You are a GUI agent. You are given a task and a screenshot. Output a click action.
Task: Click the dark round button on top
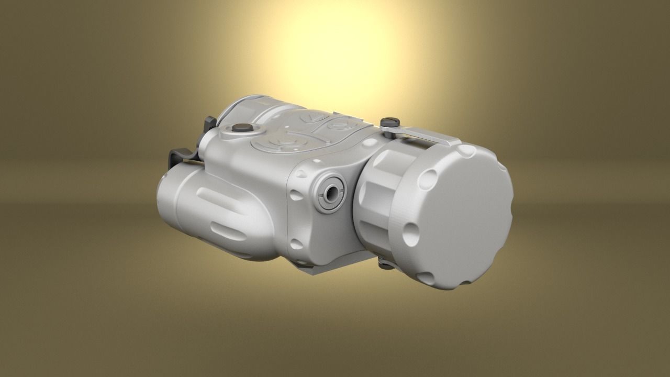click(x=242, y=127)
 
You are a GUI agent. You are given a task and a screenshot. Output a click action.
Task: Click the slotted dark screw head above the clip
click(x=390, y=122)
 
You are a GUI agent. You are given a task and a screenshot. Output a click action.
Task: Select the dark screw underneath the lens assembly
click(x=386, y=265)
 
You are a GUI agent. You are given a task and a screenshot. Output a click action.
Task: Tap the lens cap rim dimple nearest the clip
click(x=466, y=152)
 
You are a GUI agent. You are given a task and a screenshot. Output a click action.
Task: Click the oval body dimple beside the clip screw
click(x=370, y=142)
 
